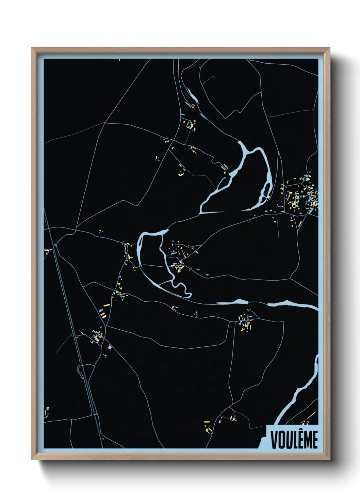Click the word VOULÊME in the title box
point(294,439)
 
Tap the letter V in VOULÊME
point(274,439)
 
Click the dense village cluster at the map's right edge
point(301,196)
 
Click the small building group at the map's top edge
point(117,60)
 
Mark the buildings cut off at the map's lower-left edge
point(46,412)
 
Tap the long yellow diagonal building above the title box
point(312,415)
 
